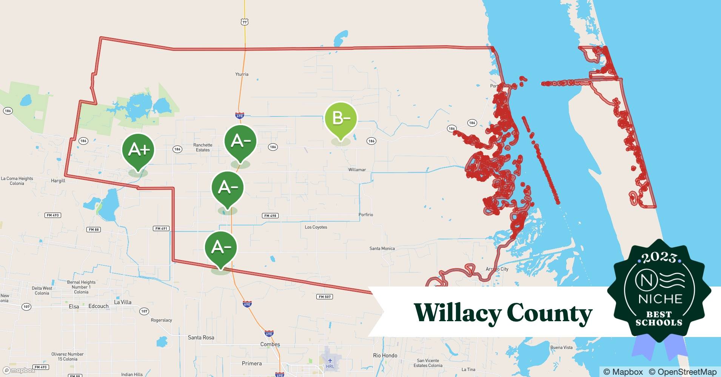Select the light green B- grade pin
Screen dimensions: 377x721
(x=340, y=119)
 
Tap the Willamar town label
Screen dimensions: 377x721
(x=357, y=170)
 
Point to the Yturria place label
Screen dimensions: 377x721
(x=242, y=74)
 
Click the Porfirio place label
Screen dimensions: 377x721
(x=365, y=215)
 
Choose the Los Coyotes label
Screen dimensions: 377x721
(x=316, y=227)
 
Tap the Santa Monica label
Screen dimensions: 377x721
(x=382, y=248)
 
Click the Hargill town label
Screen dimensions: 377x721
(x=58, y=181)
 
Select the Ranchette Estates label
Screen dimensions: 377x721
(x=203, y=147)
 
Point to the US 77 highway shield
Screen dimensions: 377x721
(x=245, y=22)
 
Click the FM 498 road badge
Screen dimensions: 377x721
(x=270, y=216)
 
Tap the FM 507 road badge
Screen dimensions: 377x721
(x=324, y=297)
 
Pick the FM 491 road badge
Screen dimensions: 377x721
(x=162, y=228)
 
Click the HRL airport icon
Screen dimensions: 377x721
(x=330, y=361)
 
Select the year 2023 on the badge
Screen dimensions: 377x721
(x=659, y=257)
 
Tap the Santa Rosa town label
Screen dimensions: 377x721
(x=201, y=337)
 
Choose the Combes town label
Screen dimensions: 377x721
(x=270, y=344)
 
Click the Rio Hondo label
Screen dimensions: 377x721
(x=385, y=356)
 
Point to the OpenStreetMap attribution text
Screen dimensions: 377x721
(x=682, y=372)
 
